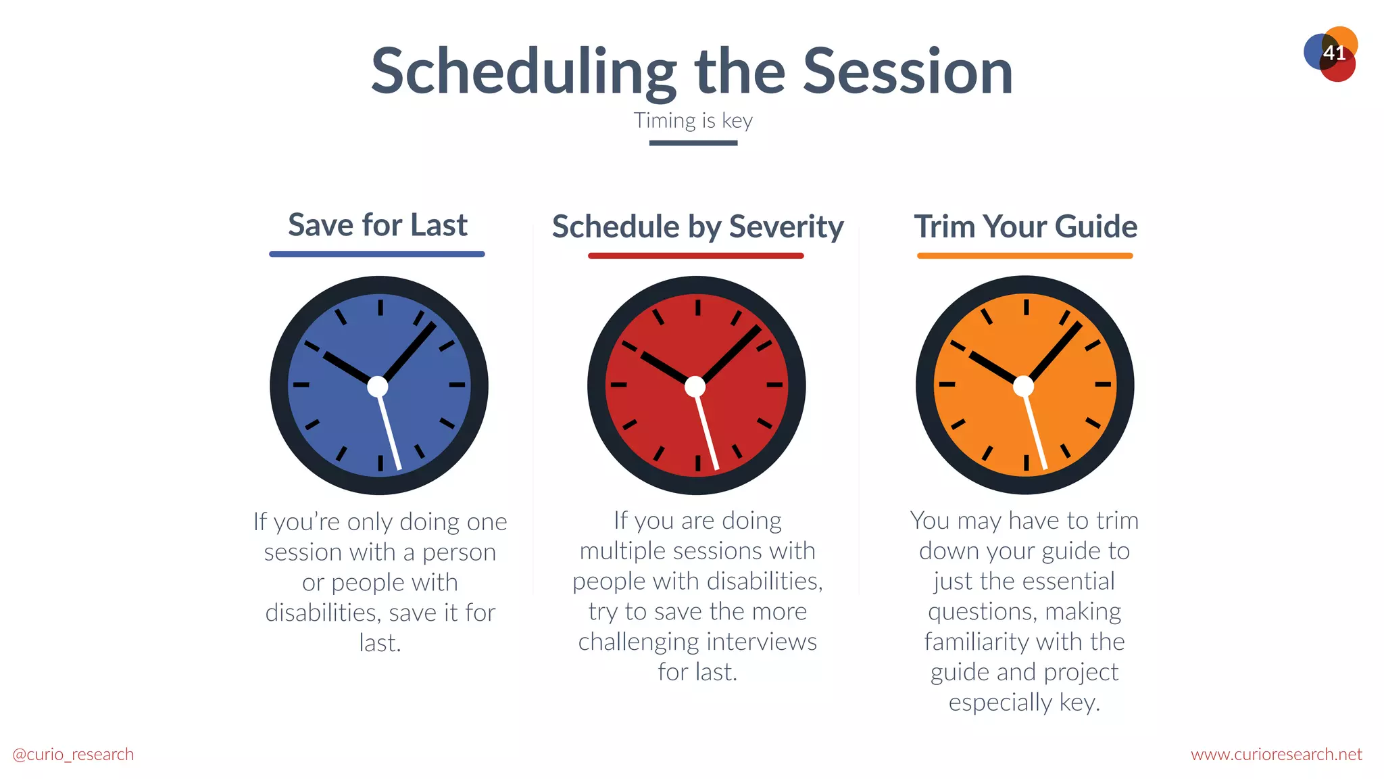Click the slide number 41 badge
pos(1333,53)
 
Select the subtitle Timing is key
pos(693,121)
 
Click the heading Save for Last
pos(377,225)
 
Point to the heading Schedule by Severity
pos(697,227)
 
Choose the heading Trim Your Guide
pos(1025,227)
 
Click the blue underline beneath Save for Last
pos(377,254)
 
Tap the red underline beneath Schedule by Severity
pos(696,256)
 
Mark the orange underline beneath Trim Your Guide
pos(1024,256)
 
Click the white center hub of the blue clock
pos(378,387)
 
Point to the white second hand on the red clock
pos(708,433)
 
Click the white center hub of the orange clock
pos(1024,386)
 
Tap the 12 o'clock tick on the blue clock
pos(380,308)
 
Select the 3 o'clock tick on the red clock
pos(774,385)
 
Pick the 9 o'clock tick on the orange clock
pos(947,384)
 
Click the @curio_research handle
pos(73,755)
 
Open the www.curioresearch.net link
pos(1276,755)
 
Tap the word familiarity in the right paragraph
pos(977,642)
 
